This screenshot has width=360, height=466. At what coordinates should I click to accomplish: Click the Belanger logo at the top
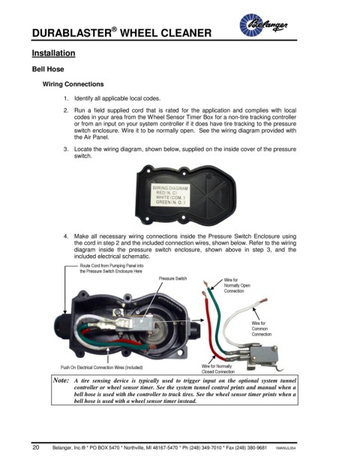263,25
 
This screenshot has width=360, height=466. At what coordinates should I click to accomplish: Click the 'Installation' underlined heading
53,53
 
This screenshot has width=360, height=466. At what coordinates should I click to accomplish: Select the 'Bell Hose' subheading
48,69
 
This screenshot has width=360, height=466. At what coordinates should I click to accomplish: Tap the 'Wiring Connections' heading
73,84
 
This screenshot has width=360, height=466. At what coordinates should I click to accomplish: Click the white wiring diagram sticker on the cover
170,195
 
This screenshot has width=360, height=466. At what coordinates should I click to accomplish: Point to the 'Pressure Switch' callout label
172,278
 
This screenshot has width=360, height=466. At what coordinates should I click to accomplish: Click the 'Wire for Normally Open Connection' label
237,285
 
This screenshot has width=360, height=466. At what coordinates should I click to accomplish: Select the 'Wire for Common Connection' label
262,329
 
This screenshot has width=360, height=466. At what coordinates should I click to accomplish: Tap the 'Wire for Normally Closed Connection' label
217,368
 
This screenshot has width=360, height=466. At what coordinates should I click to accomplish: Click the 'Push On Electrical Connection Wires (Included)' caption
101,368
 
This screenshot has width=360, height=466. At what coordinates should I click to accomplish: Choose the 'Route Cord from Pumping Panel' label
112,269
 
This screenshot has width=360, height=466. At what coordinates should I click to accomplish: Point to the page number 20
36,447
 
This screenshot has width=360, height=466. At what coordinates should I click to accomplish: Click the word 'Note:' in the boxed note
61,380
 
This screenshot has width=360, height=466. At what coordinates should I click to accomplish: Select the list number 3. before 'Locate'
66,149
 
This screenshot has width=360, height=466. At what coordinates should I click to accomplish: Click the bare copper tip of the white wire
263,301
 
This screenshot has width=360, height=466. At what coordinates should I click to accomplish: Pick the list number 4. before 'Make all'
66,236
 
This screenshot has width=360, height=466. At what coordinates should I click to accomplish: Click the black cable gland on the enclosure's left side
61,323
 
